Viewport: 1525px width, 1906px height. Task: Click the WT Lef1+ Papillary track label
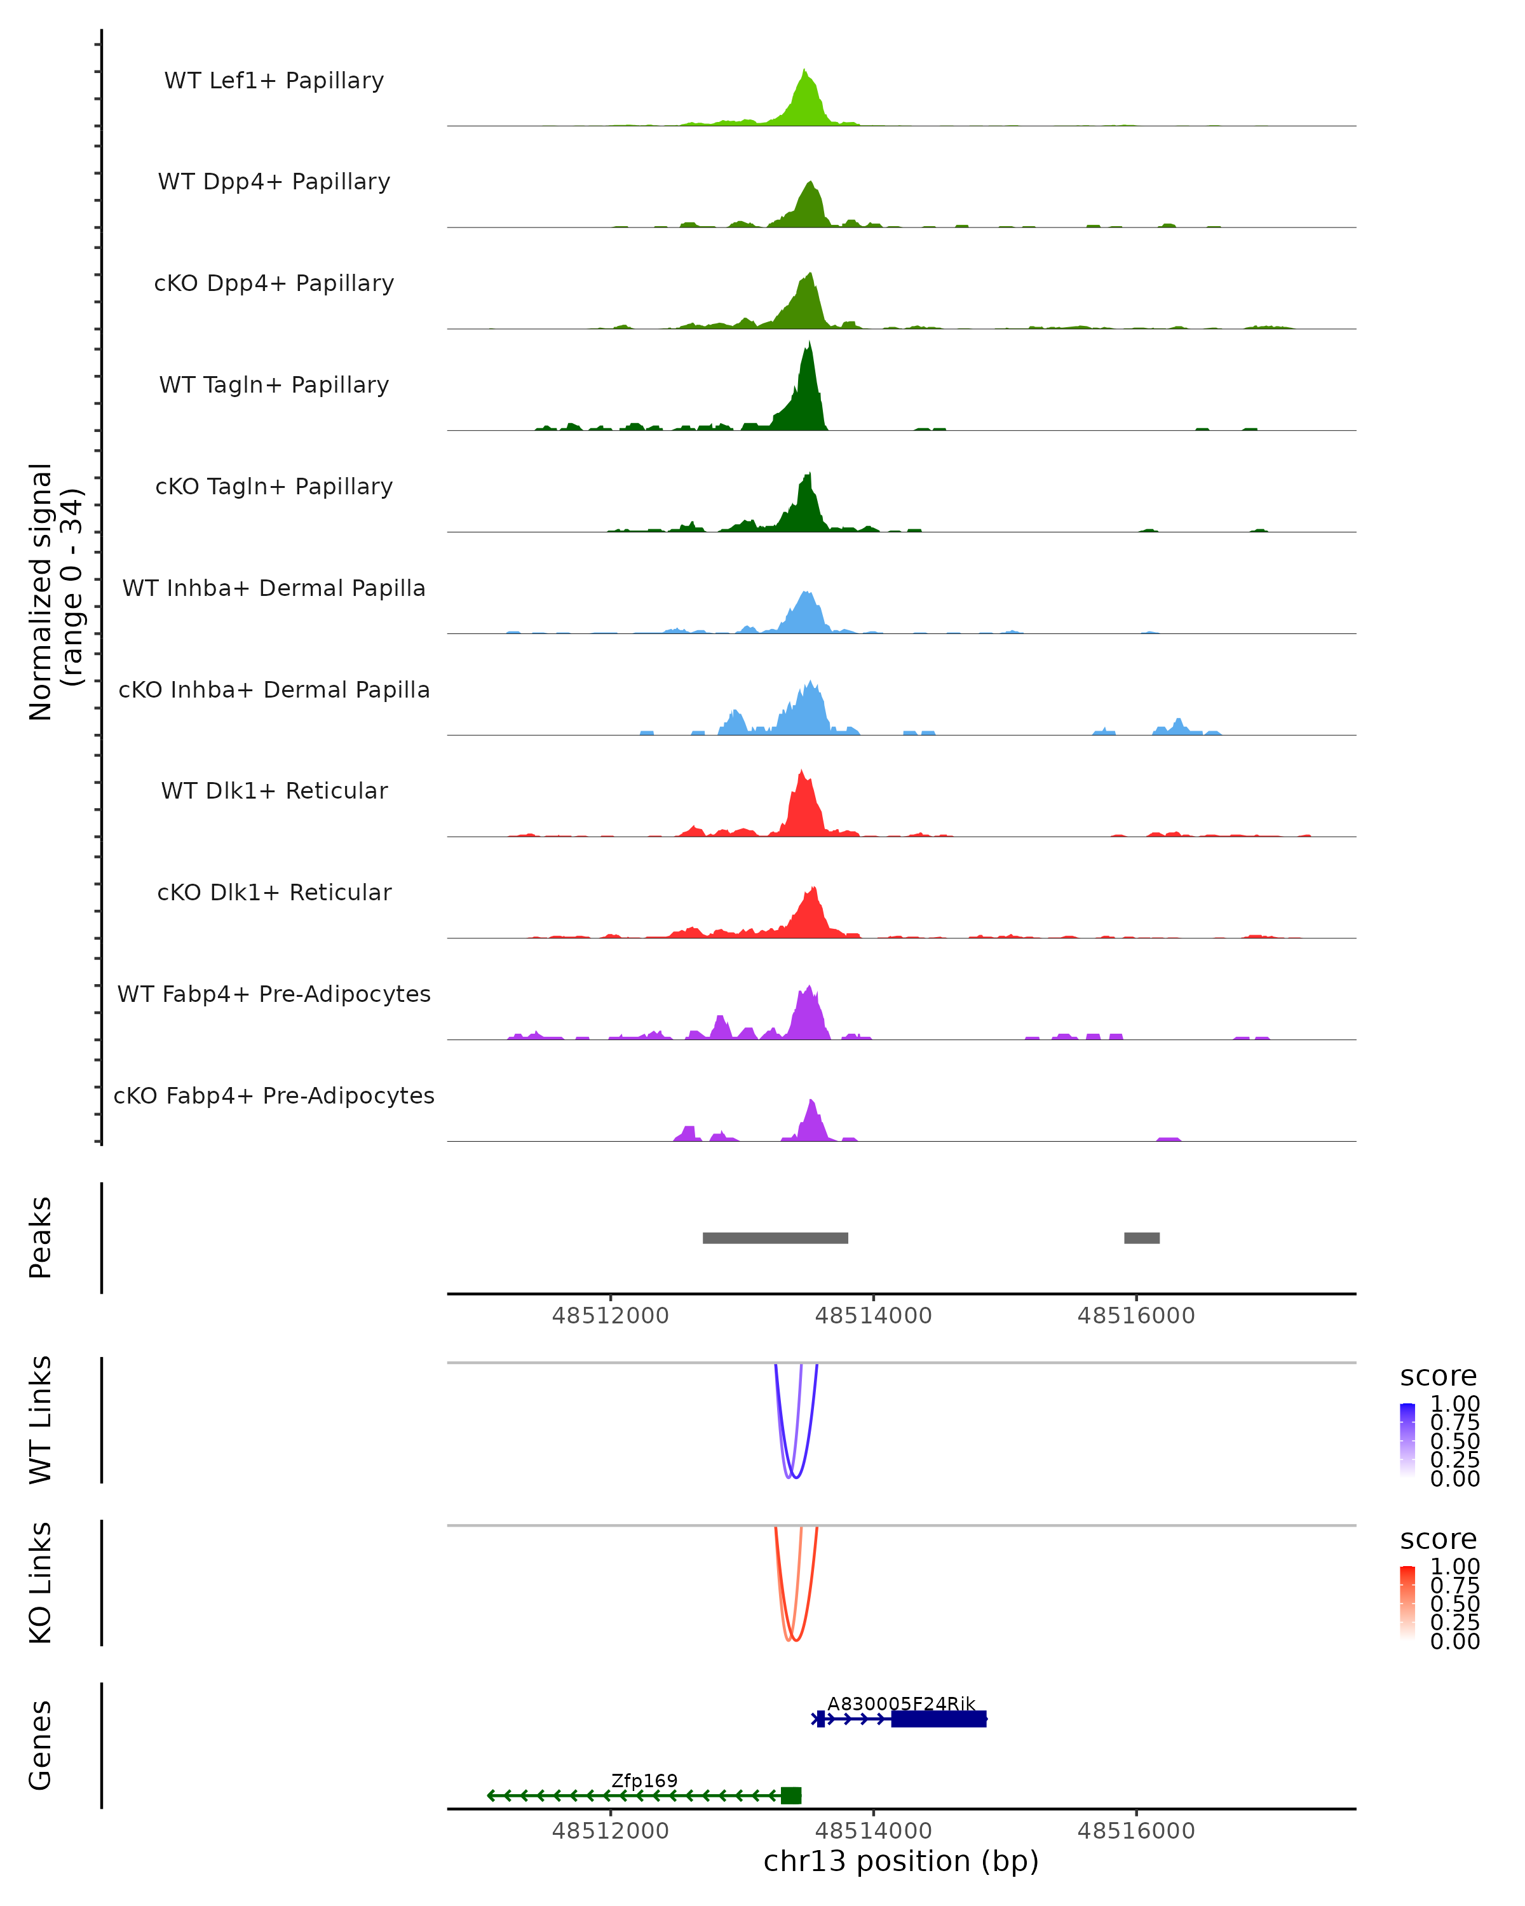pyautogui.click(x=274, y=81)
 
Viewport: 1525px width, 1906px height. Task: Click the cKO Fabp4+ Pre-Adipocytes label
pyautogui.click(x=274, y=1095)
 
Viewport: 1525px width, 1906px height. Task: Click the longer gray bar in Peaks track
pyautogui.click(x=775, y=1238)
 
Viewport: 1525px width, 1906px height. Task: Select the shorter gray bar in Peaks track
pyautogui.click(x=1141, y=1238)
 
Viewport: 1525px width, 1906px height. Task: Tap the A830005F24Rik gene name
pyautogui.click(x=901, y=1703)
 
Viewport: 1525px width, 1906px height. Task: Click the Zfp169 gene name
pyautogui.click(x=644, y=1780)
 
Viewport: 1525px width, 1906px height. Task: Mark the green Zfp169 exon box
pyautogui.click(x=791, y=1795)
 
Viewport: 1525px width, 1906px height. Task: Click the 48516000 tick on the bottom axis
pyautogui.click(x=1136, y=1831)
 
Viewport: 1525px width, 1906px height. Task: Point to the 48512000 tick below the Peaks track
pyautogui.click(x=610, y=1316)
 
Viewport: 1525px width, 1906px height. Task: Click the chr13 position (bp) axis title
pyautogui.click(x=901, y=1862)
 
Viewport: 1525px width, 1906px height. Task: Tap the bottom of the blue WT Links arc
pyautogui.click(x=795, y=1477)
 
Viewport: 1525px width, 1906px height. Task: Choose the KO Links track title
pyautogui.click(x=41, y=1583)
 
